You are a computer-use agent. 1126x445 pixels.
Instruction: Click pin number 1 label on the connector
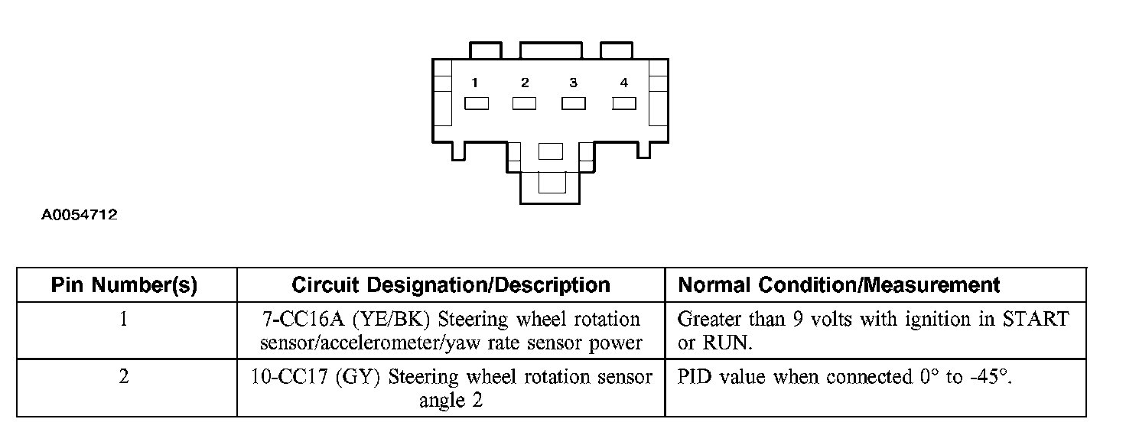pos(474,83)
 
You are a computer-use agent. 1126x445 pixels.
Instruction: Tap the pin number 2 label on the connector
pos(525,83)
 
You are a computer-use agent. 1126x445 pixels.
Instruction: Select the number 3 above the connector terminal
pos(573,83)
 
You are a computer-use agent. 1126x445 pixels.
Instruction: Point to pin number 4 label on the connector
pos(624,83)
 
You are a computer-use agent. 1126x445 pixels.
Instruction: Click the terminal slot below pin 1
pos(476,103)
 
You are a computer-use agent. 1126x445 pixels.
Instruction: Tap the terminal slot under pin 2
pos(524,103)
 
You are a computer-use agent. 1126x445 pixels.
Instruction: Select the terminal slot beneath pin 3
pos(574,103)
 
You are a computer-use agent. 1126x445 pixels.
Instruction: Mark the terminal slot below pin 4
pos(624,103)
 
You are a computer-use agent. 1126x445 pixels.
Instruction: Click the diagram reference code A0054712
pos(79,215)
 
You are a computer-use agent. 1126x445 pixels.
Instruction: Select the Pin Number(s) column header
pos(124,285)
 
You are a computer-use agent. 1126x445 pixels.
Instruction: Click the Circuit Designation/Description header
pos(451,285)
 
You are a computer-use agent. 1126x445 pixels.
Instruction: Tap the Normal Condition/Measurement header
pos(839,285)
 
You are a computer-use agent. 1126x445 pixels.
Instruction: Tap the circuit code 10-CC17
pos(289,377)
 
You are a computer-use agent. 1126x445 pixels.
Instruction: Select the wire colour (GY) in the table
pos(357,377)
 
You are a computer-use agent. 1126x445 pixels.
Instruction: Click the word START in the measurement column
pos(1036,320)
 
